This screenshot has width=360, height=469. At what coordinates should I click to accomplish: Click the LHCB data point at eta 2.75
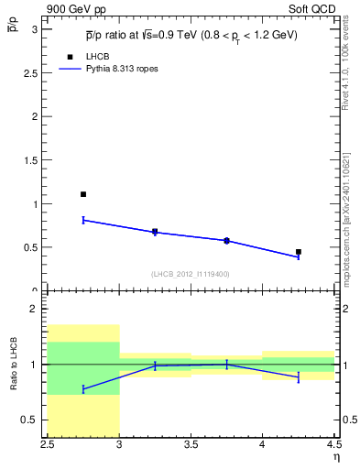click(83, 194)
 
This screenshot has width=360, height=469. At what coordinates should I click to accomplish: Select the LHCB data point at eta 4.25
click(299, 251)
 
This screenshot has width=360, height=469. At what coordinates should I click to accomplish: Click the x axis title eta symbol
click(335, 458)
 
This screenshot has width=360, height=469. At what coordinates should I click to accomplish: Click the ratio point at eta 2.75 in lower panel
click(83, 389)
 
